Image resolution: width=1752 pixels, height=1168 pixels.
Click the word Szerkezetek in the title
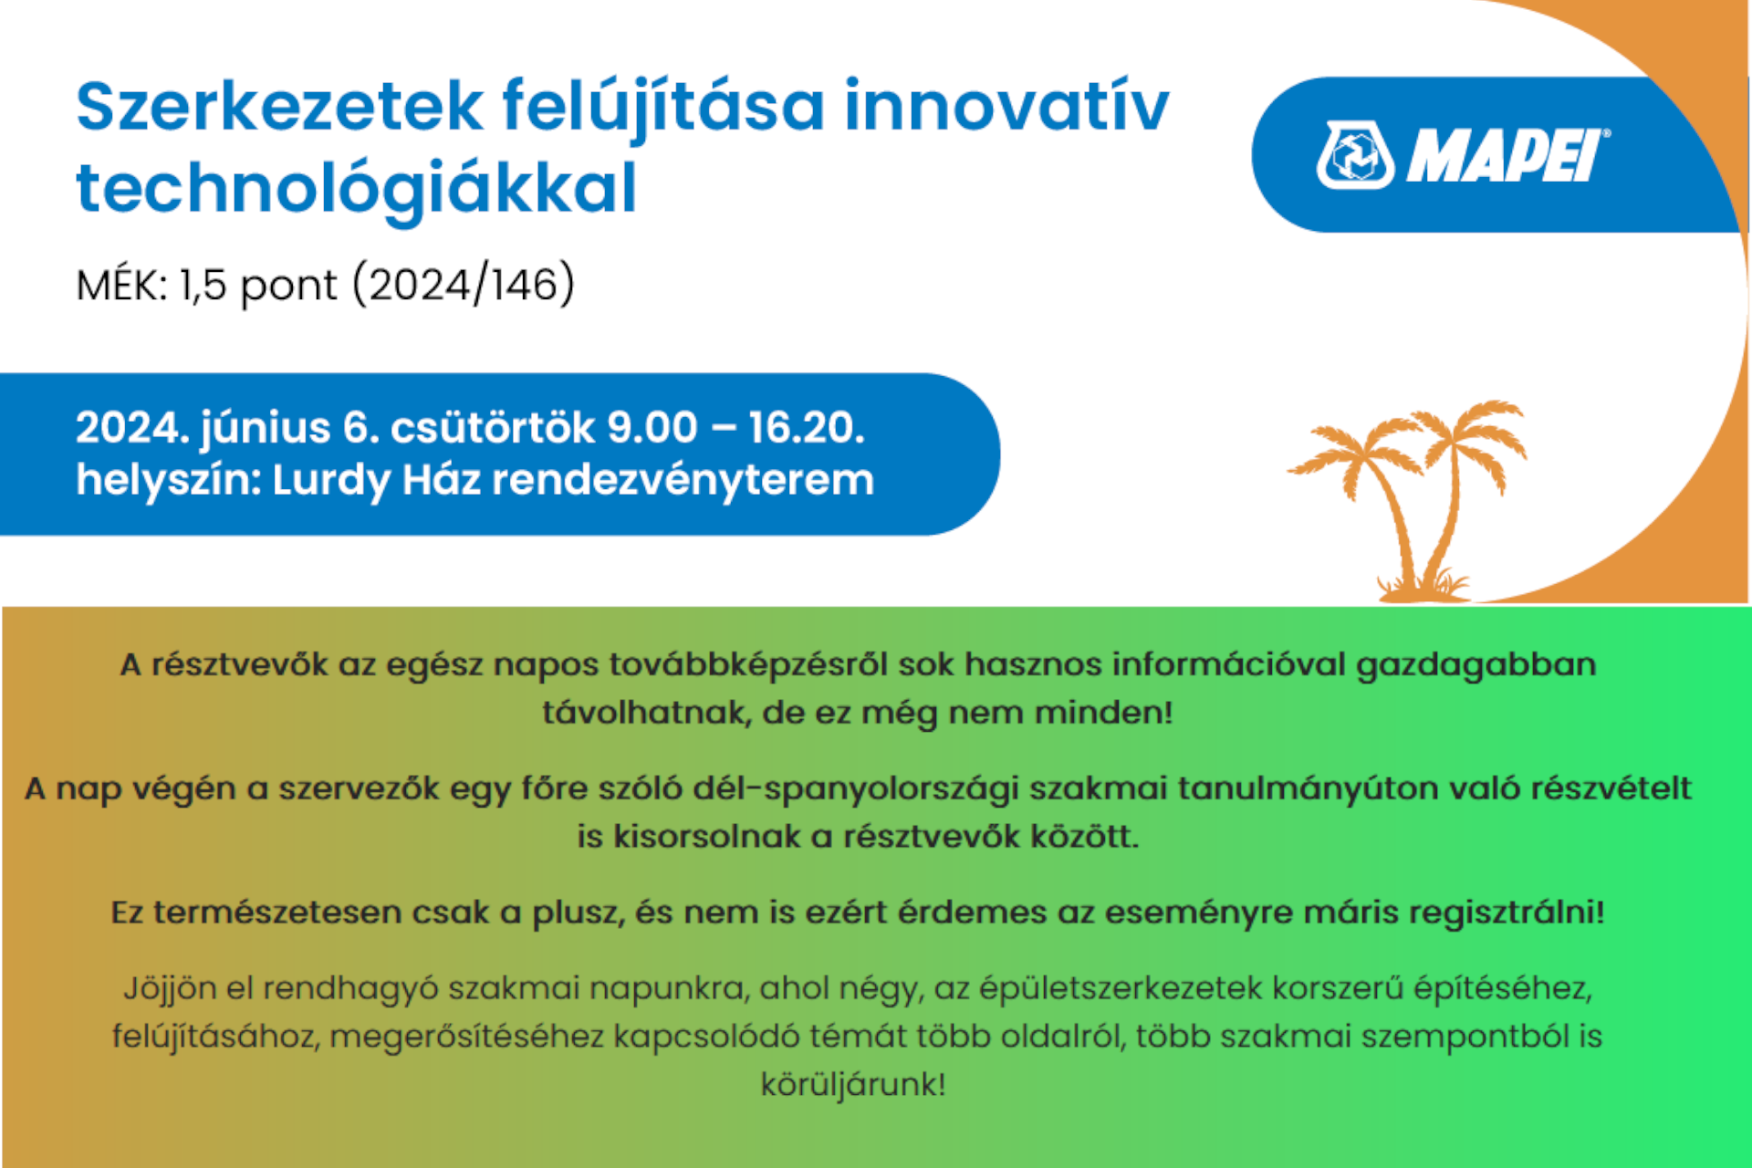pos(279,108)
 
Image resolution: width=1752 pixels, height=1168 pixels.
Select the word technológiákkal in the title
pos(356,189)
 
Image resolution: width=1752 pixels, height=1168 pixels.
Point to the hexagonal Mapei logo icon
pos(1355,156)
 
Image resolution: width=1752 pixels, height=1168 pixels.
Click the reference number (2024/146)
pos(464,285)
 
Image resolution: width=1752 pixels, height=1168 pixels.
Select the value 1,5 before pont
pos(203,285)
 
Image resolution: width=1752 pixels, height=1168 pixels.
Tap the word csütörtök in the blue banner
pos(492,427)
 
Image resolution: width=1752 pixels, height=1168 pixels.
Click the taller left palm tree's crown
pos(1350,447)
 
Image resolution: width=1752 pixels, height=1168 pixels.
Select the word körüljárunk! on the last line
pos(853,1085)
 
